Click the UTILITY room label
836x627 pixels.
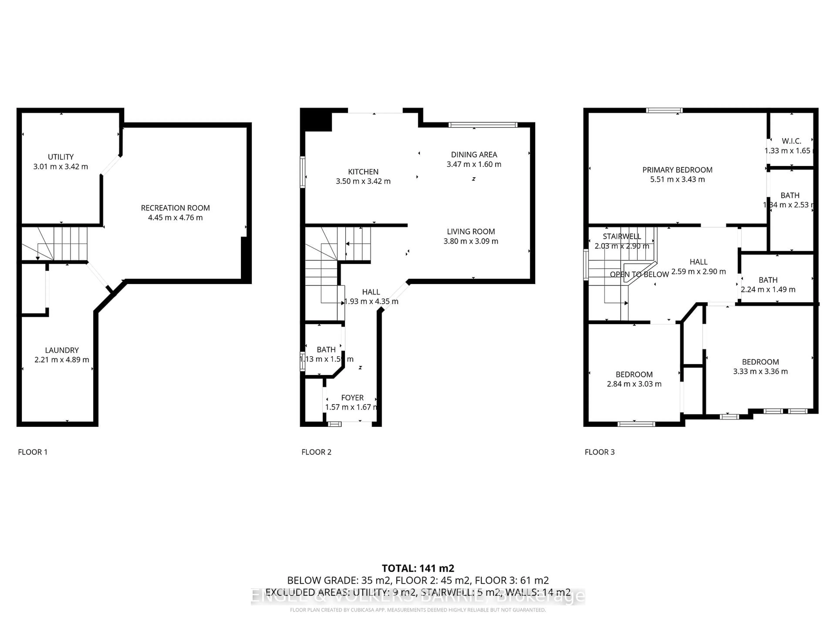coord(61,157)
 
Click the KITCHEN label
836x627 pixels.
coord(363,172)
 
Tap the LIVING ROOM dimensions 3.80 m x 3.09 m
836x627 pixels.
coord(471,241)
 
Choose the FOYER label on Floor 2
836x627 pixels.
coord(352,398)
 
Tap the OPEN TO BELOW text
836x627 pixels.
coord(639,274)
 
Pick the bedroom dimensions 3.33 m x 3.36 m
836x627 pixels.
coord(760,371)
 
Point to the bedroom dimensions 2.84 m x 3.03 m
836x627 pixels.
coord(634,384)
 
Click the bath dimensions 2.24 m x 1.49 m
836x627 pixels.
coord(768,290)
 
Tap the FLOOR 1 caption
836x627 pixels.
coord(33,452)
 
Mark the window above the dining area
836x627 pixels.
coord(483,125)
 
